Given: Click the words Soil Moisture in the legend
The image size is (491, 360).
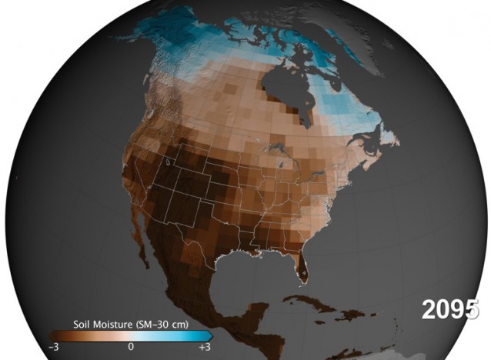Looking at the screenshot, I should click(99, 324).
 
